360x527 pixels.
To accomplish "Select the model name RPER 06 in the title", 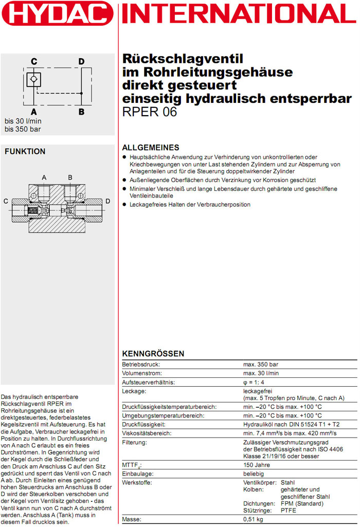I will (149, 112).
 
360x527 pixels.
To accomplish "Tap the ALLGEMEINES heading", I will (151, 148).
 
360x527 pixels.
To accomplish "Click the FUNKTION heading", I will (25, 152).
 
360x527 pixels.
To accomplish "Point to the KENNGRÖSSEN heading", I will (153, 354).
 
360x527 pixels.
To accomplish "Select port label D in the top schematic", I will (81, 62).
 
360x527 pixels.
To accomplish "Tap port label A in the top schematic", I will (33, 111).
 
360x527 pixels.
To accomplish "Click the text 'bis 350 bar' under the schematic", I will (23, 129).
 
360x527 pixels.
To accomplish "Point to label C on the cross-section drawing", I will (6, 201).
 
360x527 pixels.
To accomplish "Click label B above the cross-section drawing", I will (70, 178).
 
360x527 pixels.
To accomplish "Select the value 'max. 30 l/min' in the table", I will (261, 373).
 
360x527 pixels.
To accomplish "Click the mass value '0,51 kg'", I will (254, 520).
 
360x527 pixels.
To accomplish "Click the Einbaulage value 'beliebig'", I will (254, 474).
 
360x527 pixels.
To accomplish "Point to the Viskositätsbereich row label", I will (146, 433).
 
